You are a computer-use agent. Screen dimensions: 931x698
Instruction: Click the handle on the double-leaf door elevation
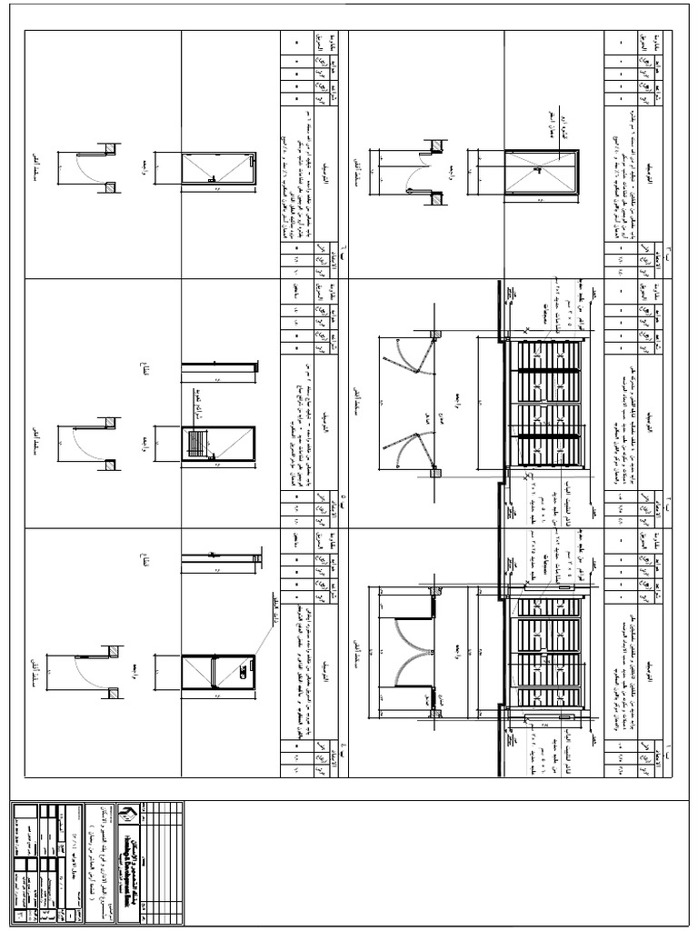(x=537, y=169)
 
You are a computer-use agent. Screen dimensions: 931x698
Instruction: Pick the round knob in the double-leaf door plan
(x=410, y=191)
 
